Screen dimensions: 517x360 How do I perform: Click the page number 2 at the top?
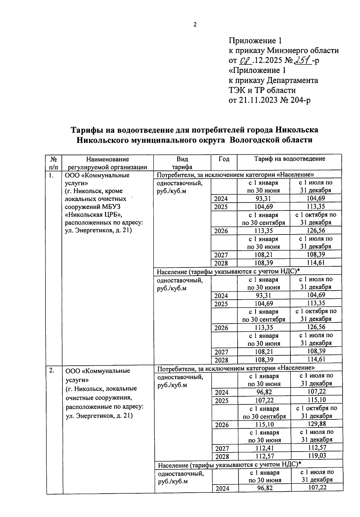pyautogui.click(x=195, y=25)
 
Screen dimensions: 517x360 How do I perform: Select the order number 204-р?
pyautogui.click(x=301, y=100)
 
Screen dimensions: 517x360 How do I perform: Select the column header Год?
pyautogui.click(x=224, y=159)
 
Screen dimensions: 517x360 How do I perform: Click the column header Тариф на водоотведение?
pyautogui.click(x=289, y=159)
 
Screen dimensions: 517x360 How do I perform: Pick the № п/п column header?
pyautogui.click(x=54, y=163)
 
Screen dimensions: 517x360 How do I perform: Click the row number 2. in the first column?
pyautogui.click(x=52, y=370)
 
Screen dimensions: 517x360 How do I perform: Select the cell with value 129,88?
pyautogui.click(x=317, y=424)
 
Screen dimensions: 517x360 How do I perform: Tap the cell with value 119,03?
pyautogui.click(x=317, y=455)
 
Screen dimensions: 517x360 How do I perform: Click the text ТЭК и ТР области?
pyautogui.click(x=262, y=90)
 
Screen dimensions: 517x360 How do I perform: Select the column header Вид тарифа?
pyautogui.click(x=182, y=163)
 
